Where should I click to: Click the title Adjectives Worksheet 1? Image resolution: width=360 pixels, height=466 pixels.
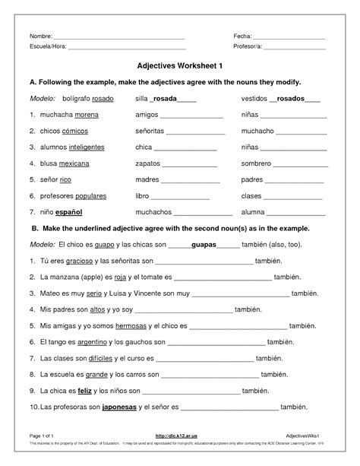[180, 65]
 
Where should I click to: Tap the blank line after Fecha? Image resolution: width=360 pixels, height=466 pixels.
[289, 37]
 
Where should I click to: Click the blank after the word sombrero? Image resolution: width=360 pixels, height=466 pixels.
[301, 164]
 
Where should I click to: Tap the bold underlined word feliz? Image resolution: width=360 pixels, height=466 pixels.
[84, 390]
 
